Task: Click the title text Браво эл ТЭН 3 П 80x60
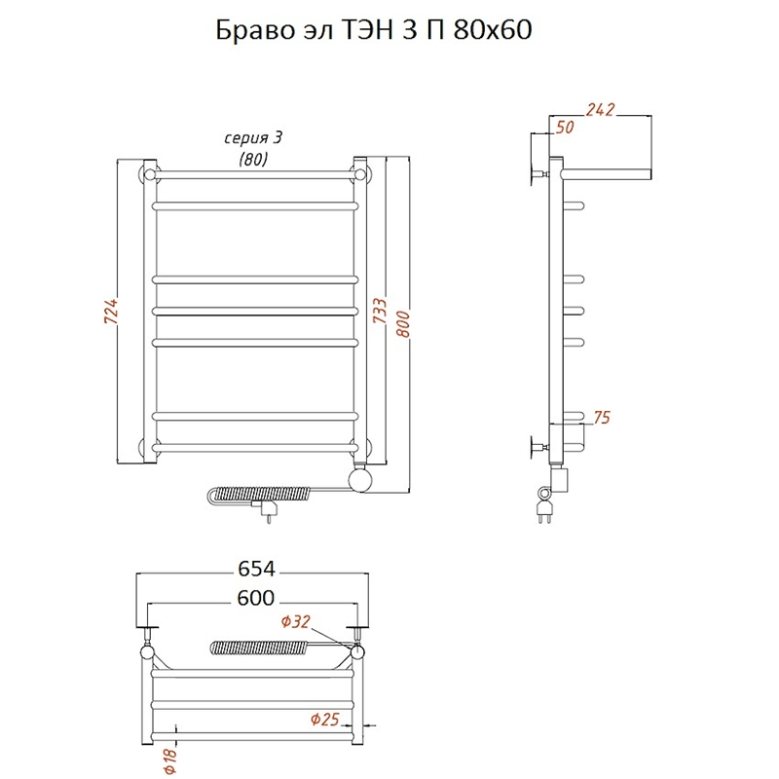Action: point(374,30)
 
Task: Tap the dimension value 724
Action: point(111,312)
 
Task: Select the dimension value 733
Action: point(380,311)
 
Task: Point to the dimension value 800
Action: point(403,324)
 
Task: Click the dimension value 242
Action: point(600,110)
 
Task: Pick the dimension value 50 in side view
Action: point(565,128)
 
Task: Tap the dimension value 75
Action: point(602,418)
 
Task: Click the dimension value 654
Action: point(256,569)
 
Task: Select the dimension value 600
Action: point(256,598)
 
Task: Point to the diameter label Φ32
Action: point(296,621)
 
